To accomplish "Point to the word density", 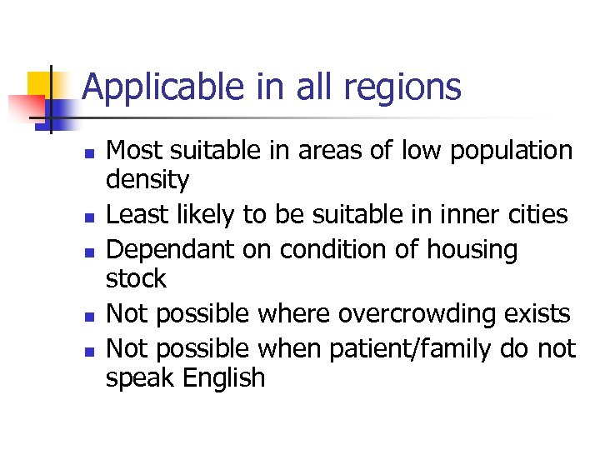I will pyautogui.click(x=147, y=179).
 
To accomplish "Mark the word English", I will pyautogui.click(x=224, y=377).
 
